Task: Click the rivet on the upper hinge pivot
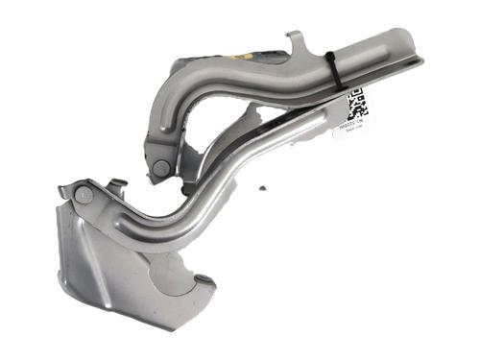point(160,167)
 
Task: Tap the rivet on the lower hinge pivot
point(84,195)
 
